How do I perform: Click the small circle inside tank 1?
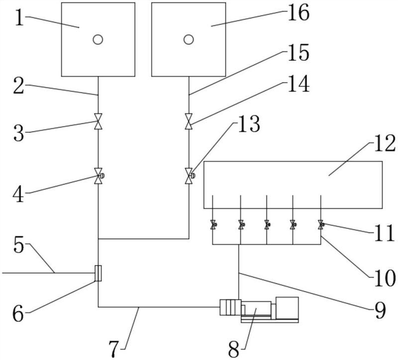coord(98,40)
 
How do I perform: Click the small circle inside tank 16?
coord(189,40)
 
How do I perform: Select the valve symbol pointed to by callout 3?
coord(98,121)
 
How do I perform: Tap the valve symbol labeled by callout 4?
coord(99,176)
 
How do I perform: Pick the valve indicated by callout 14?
coord(189,121)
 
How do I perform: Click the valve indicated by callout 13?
coord(190,176)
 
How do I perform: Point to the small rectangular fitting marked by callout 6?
coord(98,273)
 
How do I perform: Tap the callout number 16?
coord(298,12)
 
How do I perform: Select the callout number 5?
coord(19,245)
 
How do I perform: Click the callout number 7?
coord(114,349)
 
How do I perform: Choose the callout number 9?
coord(381,311)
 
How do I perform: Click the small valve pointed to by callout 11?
coord(321,225)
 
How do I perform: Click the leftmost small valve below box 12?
coord(213,225)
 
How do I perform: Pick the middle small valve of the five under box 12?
coord(267,225)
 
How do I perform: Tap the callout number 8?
coord(234,349)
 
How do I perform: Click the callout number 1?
coord(19,18)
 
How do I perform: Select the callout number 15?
coord(298,53)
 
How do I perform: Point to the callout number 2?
coord(19,86)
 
